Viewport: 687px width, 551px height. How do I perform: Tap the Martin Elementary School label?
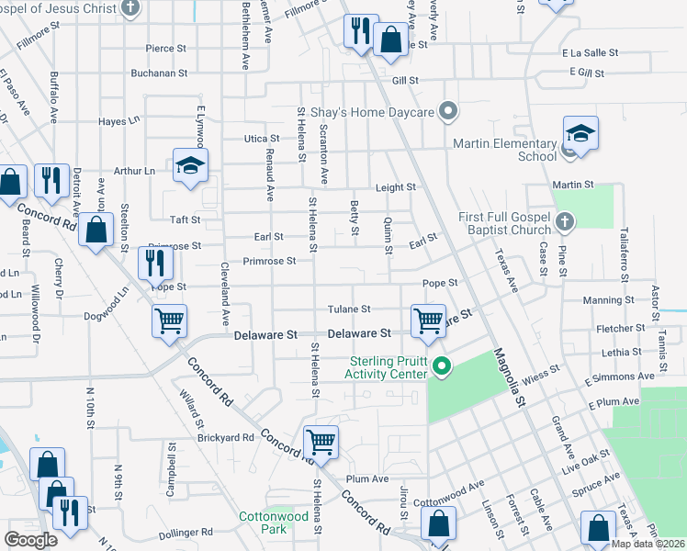(504, 150)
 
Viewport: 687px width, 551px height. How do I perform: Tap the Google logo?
(30, 540)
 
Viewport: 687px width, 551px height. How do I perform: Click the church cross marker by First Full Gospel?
(565, 221)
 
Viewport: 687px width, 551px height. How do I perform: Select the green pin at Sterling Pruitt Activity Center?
(442, 367)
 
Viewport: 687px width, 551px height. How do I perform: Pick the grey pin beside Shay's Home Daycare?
(449, 112)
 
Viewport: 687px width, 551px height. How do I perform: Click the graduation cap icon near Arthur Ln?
(191, 165)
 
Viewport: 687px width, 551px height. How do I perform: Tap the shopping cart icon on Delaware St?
(428, 320)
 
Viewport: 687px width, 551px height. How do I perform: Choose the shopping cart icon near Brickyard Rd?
(321, 442)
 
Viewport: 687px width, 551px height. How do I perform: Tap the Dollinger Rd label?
(186, 533)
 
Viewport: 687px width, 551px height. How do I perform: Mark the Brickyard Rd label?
(224, 438)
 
